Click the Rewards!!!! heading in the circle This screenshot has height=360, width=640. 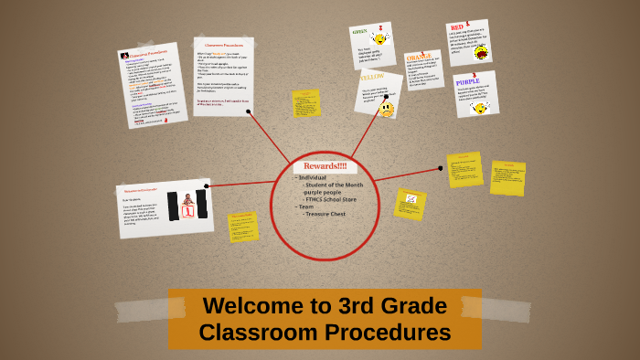tap(325, 166)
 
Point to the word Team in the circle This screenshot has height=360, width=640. tap(305, 206)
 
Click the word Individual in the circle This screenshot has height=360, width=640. tap(314, 177)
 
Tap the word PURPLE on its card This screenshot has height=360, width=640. tap(466, 81)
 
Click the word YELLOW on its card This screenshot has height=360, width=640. tap(370, 79)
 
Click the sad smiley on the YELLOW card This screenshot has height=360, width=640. tap(386, 109)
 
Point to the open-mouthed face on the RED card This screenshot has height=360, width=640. tap(481, 52)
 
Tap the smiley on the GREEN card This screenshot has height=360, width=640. tap(381, 39)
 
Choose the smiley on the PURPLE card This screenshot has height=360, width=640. tap(478, 108)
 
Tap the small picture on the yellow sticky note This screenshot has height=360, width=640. tap(411, 199)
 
